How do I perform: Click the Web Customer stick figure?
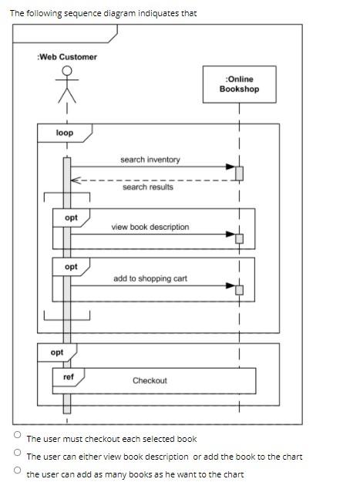click(x=67, y=84)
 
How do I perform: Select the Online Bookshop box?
click(x=239, y=84)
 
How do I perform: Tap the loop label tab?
click(x=65, y=133)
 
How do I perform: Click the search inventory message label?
click(x=150, y=160)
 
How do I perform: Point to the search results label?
click(x=148, y=187)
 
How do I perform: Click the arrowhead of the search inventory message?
click(x=230, y=167)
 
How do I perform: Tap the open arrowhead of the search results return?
click(x=76, y=180)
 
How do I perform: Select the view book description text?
click(x=150, y=227)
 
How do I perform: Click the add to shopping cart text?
click(x=150, y=278)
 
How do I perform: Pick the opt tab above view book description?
click(x=71, y=217)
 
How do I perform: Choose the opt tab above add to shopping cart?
click(x=71, y=267)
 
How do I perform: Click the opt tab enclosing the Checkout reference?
click(x=57, y=352)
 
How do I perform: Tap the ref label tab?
click(x=69, y=377)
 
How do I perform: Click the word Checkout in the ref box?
click(x=150, y=381)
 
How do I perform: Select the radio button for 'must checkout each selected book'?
click(x=18, y=434)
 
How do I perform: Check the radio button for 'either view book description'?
click(x=18, y=452)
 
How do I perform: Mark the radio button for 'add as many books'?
click(x=18, y=470)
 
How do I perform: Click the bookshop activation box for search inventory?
click(x=239, y=174)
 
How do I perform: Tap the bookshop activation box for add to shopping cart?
click(x=239, y=290)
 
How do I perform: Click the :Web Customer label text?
click(x=67, y=57)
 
